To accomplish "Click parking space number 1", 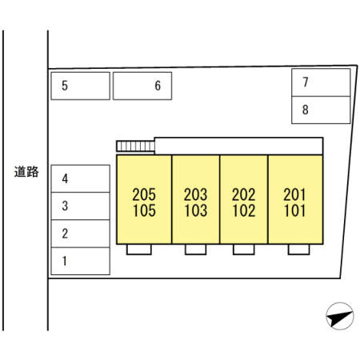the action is pos(81,261).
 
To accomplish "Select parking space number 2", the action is pos(81,234).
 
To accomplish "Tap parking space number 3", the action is pos(81,206).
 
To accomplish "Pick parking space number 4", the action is pos(81,178).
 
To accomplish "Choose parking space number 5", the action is pos(81,86).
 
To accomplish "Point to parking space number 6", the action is pos(142,86).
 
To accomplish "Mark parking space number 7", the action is pos(321,82).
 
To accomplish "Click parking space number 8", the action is pos(321,110).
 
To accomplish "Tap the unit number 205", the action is pos(144,194).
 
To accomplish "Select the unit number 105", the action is pos(144,210).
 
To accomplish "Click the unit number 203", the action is pos(195,194).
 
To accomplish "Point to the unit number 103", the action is pos(196,210).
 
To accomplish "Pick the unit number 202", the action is pos(244,194).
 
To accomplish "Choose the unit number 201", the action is pos(294,194).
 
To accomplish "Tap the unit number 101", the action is pos(294,210).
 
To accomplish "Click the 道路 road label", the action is pos(26,172).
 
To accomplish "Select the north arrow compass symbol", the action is pos(340,316).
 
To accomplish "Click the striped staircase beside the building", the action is pos(135,146).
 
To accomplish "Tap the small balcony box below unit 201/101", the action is pos(298,250).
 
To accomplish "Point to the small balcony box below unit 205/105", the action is pos(139,250).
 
